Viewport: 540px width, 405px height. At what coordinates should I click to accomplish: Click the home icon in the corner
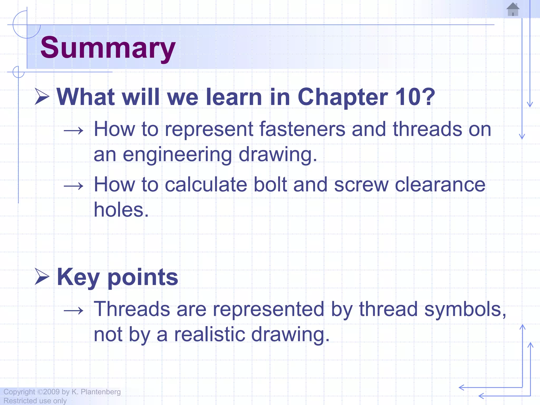point(513,9)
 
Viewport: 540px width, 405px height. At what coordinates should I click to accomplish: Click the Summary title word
point(108,48)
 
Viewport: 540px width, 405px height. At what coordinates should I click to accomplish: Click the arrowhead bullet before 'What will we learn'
point(42,97)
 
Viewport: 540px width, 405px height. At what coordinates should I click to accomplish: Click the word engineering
point(177,155)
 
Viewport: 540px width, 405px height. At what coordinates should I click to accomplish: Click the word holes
point(121,210)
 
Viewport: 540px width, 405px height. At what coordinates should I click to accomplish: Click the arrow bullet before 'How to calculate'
point(74,186)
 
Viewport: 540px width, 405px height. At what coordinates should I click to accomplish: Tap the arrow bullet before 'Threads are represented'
point(74,311)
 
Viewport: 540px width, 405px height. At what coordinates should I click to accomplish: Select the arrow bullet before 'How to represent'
point(74,131)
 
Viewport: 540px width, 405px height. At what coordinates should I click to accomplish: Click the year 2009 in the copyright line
point(51,392)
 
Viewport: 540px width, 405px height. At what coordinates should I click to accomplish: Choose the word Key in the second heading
point(78,277)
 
